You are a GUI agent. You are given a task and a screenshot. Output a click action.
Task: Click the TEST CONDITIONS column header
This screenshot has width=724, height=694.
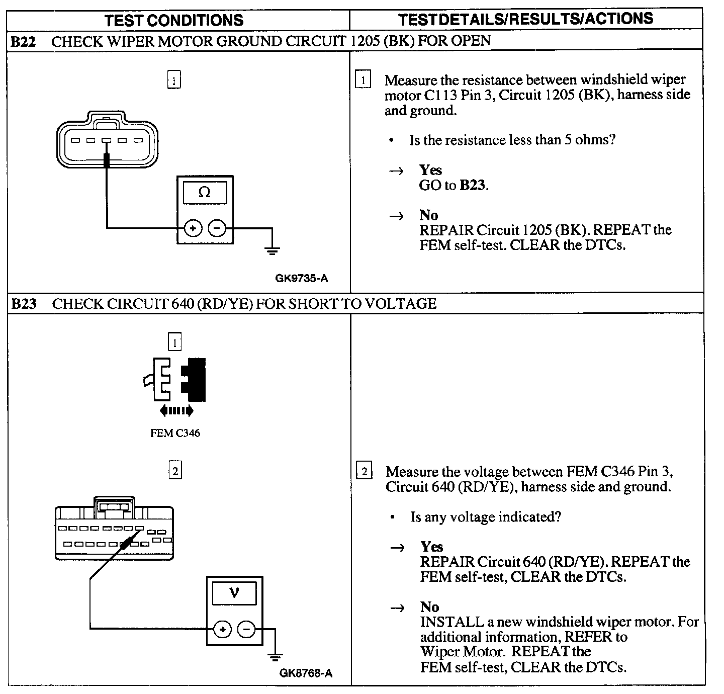pos(174,20)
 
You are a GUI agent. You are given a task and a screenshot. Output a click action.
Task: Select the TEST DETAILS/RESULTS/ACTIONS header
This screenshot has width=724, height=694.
pos(525,19)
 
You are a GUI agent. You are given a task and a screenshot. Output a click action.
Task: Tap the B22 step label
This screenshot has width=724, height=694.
pos(23,41)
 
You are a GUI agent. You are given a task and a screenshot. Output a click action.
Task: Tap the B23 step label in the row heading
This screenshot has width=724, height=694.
pos(24,304)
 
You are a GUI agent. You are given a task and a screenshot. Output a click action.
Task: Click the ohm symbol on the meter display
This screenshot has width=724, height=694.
pos(205,192)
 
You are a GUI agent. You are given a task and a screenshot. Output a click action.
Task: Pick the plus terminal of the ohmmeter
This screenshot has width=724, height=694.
pos(193,228)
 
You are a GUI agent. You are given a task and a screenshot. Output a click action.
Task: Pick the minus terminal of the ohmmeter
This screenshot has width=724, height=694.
pos(217,228)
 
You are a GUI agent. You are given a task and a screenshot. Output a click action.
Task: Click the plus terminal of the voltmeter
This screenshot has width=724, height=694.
pos(223,629)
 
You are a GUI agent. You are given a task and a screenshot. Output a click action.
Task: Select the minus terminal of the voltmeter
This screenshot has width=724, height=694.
pos(246,629)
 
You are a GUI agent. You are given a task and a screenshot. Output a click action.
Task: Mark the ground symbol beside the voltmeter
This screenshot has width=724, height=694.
pos(275,656)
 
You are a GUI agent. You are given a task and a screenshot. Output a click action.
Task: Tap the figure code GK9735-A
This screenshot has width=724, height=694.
pos(302,278)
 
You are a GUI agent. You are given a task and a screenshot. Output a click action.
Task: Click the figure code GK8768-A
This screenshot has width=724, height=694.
pos(306,673)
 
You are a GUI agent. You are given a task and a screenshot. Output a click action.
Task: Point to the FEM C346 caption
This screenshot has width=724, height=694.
pos(175,433)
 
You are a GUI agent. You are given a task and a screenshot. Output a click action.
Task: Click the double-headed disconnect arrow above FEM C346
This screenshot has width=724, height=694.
pos(176,411)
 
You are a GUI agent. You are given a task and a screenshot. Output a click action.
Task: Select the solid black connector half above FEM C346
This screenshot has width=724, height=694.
pos(195,379)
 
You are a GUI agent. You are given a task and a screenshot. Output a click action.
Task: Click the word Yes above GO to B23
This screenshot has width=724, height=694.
pos(431,170)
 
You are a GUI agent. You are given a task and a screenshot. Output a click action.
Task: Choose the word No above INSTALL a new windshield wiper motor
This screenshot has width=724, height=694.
pos(430,607)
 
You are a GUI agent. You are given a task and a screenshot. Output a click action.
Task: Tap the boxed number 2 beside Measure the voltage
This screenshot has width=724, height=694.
pos(364,472)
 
